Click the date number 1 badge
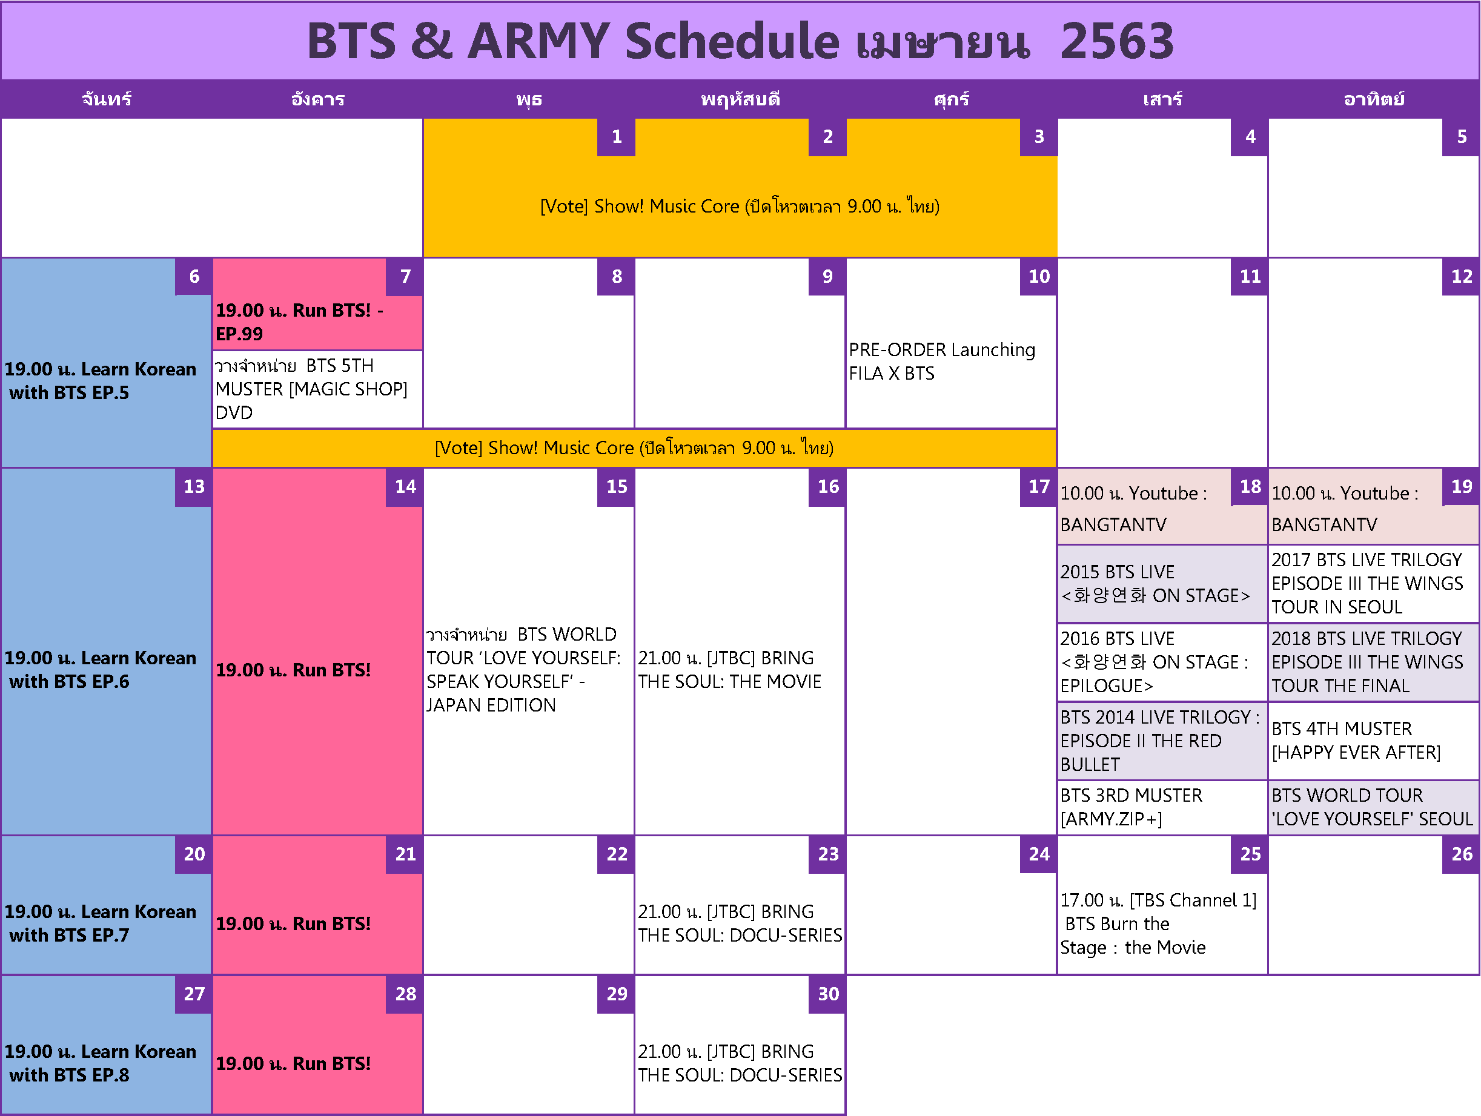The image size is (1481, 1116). coord(616,137)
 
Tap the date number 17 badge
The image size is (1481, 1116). coord(1038,487)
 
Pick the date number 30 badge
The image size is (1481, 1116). coord(827,994)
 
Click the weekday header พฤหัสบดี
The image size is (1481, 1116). coord(740,100)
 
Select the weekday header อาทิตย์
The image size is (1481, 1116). coord(1374,100)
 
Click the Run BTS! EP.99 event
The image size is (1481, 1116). coord(299,322)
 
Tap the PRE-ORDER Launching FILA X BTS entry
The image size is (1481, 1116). coord(942,362)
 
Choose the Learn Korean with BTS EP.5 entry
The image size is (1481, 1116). coord(101,381)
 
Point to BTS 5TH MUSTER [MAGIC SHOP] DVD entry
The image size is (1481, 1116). coord(311,389)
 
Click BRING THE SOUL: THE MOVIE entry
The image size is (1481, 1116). coord(730,670)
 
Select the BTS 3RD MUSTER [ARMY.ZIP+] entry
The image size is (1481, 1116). coord(1131,807)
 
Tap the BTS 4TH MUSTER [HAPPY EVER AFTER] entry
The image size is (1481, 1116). coord(1356,741)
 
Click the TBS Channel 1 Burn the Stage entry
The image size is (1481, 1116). coord(1158,924)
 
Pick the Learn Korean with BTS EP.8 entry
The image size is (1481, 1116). coord(101,1063)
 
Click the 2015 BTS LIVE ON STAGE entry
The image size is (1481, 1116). coord(1155,584)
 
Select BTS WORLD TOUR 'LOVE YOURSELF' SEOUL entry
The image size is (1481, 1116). coord(1372,807)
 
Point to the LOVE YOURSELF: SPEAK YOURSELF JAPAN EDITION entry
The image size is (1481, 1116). coord(523,670)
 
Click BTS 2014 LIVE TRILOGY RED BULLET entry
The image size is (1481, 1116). coord(1159,741)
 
